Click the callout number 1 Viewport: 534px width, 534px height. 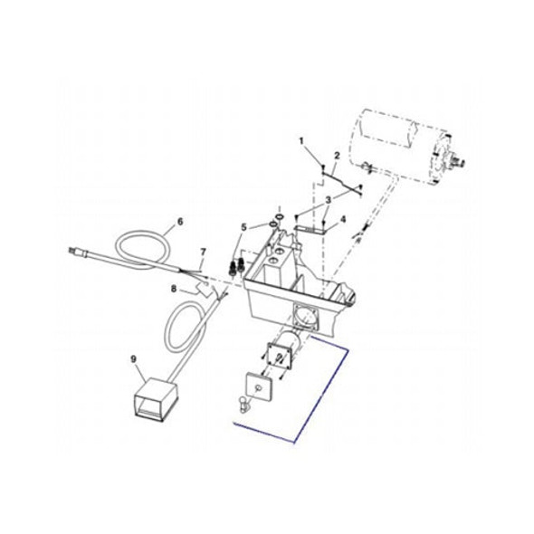[x=302, y=141]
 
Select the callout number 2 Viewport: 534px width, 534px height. [x=336, y=156]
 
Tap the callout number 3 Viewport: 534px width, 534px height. [x=328, y=199]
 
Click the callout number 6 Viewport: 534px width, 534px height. [x=179, y=221]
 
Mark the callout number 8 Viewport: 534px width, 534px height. [x=173, y=289]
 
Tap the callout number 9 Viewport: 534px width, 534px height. [x=134, y=359]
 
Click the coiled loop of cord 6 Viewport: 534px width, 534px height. [x=145, y=244]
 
